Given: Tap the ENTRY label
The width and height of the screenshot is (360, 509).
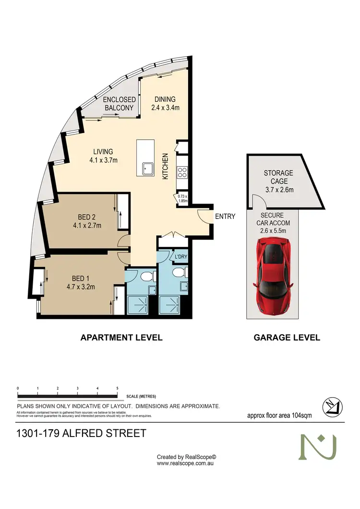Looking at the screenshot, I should coord(225,217).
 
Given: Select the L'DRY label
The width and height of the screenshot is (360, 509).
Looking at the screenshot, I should coord(180,257).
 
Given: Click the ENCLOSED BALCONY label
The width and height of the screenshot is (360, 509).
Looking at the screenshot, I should coord(119,104).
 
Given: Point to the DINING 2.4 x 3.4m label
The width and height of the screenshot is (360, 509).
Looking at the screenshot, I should coord(165,104).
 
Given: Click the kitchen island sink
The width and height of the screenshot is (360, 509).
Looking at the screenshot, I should coord(147,169).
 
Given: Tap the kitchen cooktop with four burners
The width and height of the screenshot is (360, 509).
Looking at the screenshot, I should coord(182,172).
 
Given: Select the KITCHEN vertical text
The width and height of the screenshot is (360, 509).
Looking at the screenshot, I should coord(165,167).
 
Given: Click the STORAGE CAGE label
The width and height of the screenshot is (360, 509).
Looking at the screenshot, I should coord(278,177).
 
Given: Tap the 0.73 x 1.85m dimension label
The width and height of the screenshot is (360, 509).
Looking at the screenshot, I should coord(182,198).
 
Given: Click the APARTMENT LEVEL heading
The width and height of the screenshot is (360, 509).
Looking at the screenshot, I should coord(121,338).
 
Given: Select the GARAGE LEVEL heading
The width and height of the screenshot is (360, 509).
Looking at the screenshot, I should coord(287,338).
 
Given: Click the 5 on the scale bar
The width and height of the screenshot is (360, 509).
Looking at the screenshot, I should coord(117,388).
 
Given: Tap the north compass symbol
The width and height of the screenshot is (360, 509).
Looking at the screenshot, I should coord(332,406).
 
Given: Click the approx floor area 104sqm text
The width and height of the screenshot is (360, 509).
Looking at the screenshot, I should coord(279,415).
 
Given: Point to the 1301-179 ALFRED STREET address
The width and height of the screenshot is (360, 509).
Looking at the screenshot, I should coord(81,434).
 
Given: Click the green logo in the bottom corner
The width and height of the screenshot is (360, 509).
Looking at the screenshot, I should coord(318,447).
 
